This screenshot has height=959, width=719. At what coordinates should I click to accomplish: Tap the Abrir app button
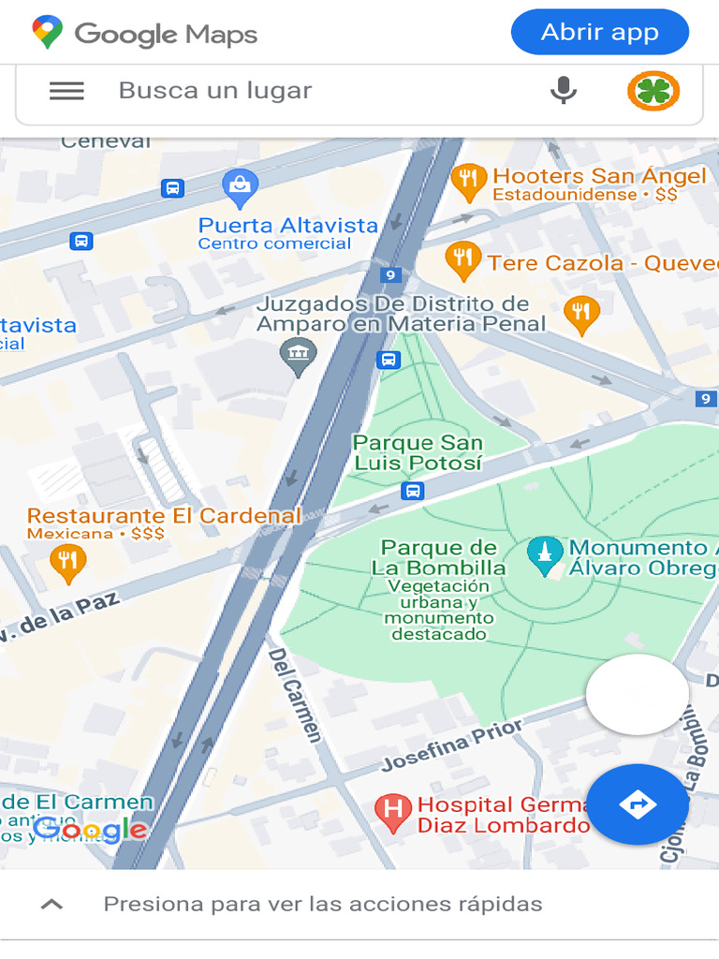(x=599, y=33)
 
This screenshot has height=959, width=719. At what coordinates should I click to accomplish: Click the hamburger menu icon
(x=66, y=91)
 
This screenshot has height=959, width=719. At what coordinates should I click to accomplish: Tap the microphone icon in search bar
(x=563, y=91)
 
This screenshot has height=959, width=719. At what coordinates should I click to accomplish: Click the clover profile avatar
(x=653, y=91)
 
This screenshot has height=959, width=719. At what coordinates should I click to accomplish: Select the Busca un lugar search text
(x=215, y=91)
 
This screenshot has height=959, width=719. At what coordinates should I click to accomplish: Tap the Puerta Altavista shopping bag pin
(x=241, y=188)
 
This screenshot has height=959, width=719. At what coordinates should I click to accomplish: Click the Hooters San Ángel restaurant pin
(x=468, y=182)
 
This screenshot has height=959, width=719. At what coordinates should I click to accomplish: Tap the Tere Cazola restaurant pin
(x=462, y=260)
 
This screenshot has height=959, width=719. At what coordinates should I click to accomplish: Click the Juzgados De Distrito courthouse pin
(x=298, y=356)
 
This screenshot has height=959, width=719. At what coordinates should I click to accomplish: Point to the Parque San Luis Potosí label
(x=418, y=452)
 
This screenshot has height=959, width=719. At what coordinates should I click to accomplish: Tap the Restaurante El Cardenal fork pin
(x=67, y=562)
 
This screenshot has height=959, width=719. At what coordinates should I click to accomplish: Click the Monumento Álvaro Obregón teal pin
(x=544, y=555)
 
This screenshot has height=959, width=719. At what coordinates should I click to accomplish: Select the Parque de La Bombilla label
(x=438, y=557)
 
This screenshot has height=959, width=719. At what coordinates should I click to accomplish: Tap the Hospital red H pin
(x=393, y=812)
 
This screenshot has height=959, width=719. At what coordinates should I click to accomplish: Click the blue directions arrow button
(x=638, y=804)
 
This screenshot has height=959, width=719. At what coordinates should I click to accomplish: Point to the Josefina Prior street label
(x=452, y=745)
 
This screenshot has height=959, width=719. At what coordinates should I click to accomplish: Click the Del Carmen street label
(x=294, y=694)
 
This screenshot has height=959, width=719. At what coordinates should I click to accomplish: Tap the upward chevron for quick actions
(x=52, y=904)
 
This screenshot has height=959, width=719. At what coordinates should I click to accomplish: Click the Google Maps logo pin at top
(x=47, y=33)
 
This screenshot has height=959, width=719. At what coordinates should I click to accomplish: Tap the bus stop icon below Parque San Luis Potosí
(x=412, y=491)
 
